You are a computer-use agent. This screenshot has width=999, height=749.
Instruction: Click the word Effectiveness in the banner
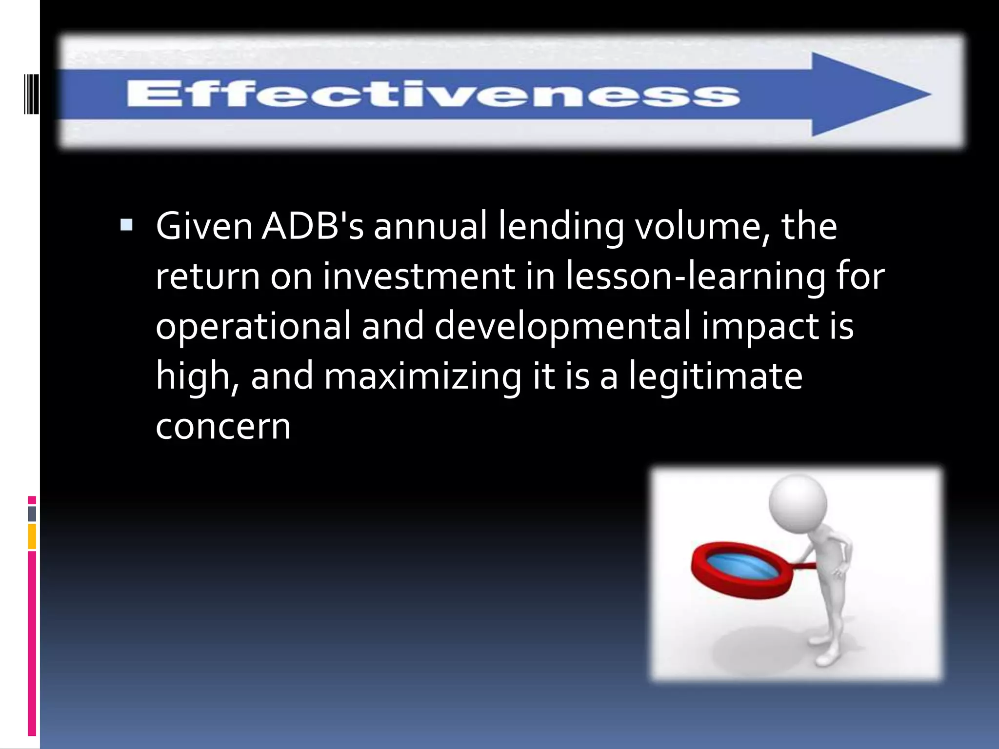click(433, 94)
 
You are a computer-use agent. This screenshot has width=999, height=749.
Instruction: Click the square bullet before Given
click(126, 225)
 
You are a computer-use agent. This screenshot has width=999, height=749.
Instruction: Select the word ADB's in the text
click(313, 226)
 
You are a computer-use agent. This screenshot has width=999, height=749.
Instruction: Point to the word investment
click(419, 276)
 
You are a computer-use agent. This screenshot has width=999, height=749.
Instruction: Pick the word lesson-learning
click(696, 276)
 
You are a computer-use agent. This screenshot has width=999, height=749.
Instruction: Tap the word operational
click(253, 326)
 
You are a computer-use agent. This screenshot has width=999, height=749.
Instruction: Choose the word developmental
click(562, 326)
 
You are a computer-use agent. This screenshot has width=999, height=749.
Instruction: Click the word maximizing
click(422, 376)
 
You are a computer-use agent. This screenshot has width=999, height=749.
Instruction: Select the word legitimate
click(715, 376)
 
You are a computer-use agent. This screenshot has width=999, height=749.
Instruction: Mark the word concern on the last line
click(223, 426)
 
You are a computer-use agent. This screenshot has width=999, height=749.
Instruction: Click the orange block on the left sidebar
click(32, 536)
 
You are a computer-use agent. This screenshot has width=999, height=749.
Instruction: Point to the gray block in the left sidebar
click(32, 513)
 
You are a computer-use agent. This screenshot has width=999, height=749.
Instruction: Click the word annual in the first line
click(430, 226)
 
